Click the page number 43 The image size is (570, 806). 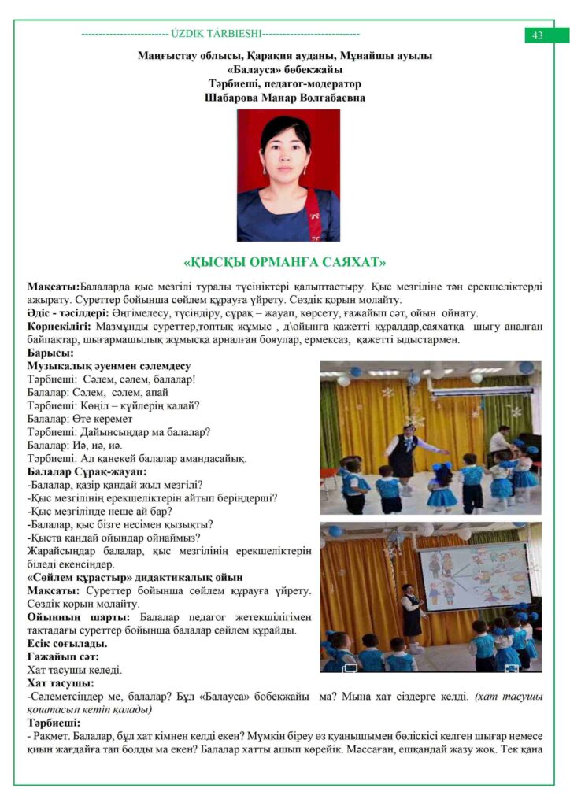click(538, 35)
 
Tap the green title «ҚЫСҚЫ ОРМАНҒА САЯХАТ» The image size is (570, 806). click(284, 261)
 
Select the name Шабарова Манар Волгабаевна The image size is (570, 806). click(284, 97)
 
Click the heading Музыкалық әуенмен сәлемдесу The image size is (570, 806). click(109, 366)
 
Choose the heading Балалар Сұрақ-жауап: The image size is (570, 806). click(87, 471)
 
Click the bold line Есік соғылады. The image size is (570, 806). click(67, 643)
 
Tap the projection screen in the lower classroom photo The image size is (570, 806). click(474, 574)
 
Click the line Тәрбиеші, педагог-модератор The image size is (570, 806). click(284, 83)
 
